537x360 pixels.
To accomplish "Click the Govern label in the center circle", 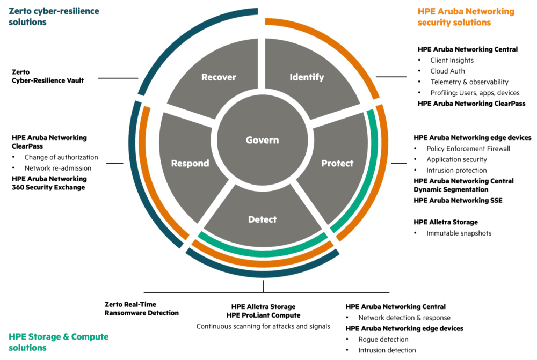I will [262, 141].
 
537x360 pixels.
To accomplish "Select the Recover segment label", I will [219, 78].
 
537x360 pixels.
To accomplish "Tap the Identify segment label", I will [307, 78].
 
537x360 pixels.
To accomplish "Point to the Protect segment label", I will [337, 163].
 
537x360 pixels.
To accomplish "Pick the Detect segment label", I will [262, 219].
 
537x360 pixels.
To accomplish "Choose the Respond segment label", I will [189, 163].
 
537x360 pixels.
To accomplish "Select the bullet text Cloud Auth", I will [447, 71].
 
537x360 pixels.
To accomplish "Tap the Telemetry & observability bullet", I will [469, 82].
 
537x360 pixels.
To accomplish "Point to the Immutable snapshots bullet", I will [459, 233].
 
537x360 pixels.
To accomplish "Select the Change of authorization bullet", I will [61, 157].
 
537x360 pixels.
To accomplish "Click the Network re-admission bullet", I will [57, 168].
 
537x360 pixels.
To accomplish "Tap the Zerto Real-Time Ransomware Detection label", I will [141, 308].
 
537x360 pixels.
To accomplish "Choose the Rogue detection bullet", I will [383, 339].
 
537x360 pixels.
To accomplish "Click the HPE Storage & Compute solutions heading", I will [58, 342].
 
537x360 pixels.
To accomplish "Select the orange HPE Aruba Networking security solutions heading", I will [466, 17].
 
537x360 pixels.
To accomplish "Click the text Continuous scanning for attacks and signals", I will [263, 326].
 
